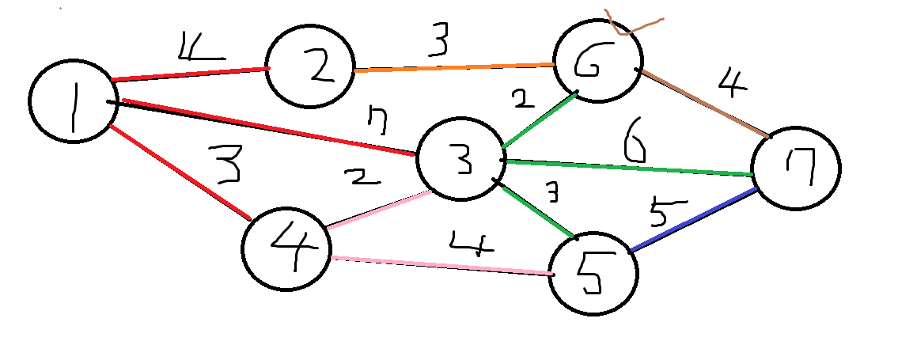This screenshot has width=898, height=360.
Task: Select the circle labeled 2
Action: click(311, 67)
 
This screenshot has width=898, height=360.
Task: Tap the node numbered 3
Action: click(460, 159)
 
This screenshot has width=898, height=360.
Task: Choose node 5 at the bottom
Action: click(593, 274)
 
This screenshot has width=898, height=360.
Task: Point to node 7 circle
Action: click(796, 169)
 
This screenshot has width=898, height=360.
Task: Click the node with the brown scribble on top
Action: click(599, 63)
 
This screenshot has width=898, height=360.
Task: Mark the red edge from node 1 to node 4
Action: click(179, 171)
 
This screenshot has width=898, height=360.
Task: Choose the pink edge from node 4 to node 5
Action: click(440, 265)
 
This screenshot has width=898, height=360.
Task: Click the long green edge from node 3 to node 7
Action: click(625, 167)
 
